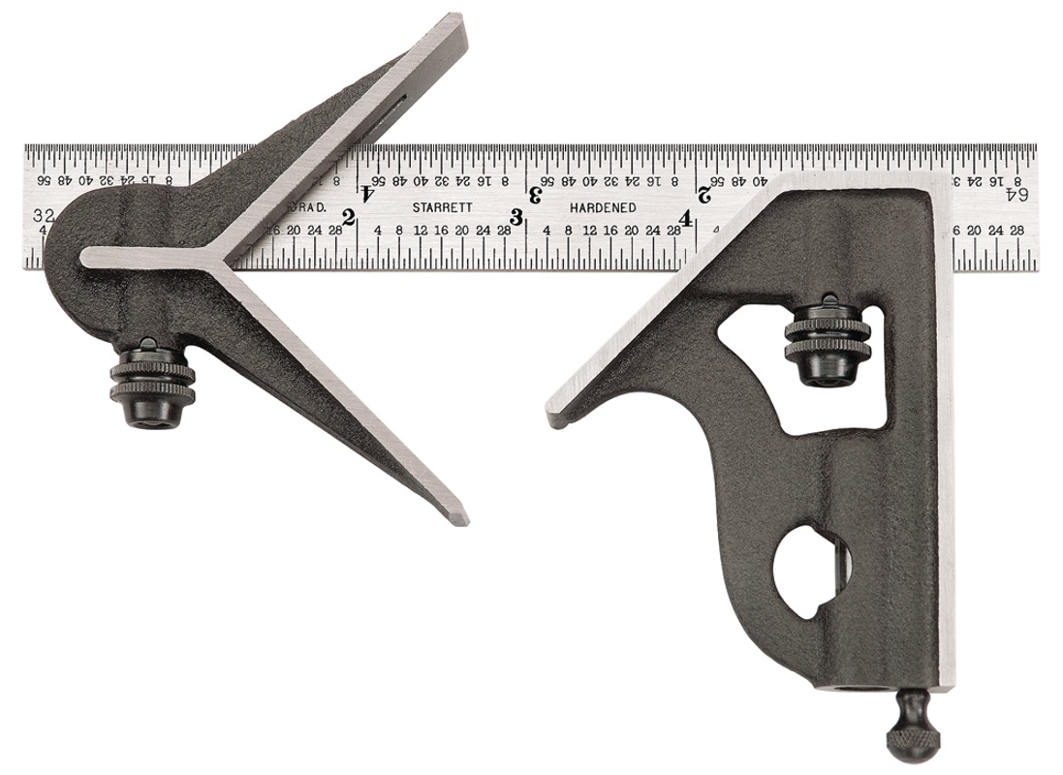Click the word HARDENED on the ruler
point(603,207)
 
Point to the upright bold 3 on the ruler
point(517,218)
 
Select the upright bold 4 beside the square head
point(686,218)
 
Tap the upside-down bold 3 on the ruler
point(535,191)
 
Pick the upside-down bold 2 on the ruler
point(703,191)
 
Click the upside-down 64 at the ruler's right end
point(1016,193)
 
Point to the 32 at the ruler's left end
point(41,214)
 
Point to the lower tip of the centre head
point(462,518)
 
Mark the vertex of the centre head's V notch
point(226,259)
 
